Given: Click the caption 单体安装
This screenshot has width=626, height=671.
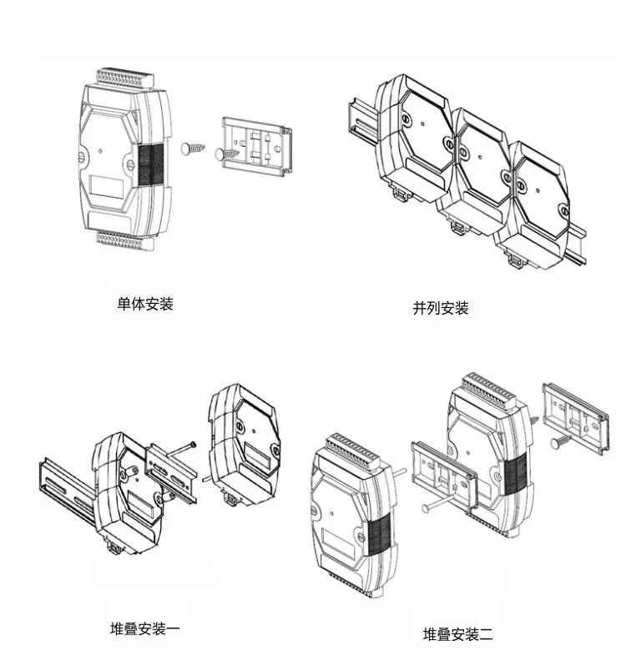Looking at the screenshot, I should (x=145, y=304).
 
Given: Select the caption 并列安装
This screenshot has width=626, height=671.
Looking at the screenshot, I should (x=441, y=307).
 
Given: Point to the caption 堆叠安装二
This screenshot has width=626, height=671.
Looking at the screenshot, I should (x=458, y=634).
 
